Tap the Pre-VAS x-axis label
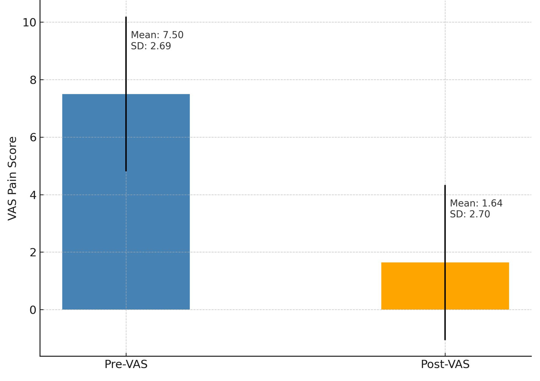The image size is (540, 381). pyautogui.click(x=126, y=364)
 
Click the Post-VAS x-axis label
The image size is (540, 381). pyautogui.click(x=445, y=364)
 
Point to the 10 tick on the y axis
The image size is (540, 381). pyautogui.click(x=29, y=23)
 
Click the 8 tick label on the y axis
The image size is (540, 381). pyautogui.click(x=33, y=80)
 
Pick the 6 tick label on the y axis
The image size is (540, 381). pyautogui.click(x=33, y=137)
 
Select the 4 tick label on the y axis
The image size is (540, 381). pyautogui.click(x=33, y=195)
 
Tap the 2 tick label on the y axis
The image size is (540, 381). pyautogui.click(x=33, y=252)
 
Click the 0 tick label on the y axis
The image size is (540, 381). pyautogui.click(x=33, y=310)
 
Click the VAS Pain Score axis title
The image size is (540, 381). pyautogui.click(x=12, y=178)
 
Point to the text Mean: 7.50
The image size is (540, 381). pyautogui.click(x=157, y=35)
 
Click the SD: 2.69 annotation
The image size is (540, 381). pyautogui.click(x=151, y=46)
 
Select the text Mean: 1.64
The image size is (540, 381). pyautogui.click(x=476, y=203)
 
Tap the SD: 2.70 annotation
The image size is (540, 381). pyautogui.click(x=470, y=214)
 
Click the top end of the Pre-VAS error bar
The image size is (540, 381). pyautogui.click(x=126, y=17)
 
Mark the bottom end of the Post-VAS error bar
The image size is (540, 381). pyautogui.click(x=445, y=340)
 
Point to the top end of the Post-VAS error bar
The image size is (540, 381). pyautogui.click(x=445, y=185)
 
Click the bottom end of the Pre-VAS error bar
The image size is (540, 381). pyautogui.click(x=126, y=171)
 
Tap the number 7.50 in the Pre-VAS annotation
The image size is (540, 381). pyautogui.click(x=173, y=35)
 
